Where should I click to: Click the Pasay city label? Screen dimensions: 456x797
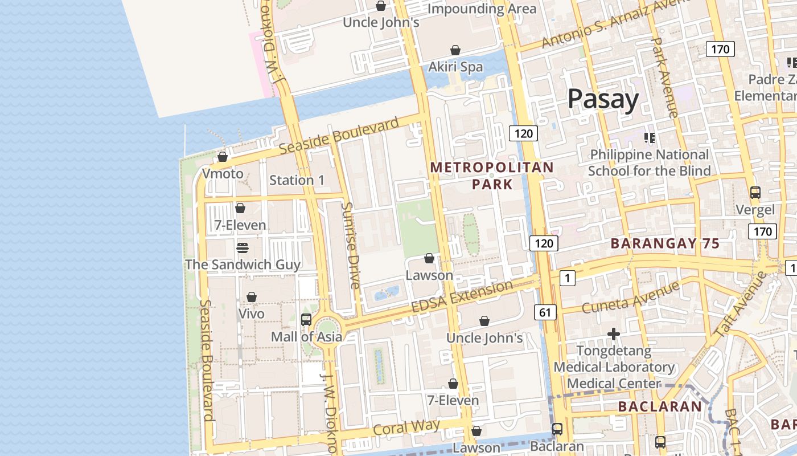coord(603,99)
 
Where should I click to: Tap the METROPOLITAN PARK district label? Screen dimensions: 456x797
coord(492,176)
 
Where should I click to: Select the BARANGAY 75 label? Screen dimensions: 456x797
coord(665,244)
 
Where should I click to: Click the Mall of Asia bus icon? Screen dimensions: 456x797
coord(306,320)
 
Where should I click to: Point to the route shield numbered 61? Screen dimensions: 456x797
coord(545,312)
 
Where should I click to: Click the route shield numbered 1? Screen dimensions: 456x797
coord(567,278)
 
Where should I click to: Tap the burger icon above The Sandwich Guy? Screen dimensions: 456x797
coord(243,248)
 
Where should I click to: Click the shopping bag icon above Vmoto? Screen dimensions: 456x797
coord(223,157)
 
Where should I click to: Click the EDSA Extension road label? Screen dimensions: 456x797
coord(462,296)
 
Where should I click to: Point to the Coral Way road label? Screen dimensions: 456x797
coord(406,427)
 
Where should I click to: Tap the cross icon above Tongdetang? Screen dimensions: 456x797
coord(613,333)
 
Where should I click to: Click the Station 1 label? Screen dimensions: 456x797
coord(297,180)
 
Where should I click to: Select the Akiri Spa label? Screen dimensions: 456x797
coord(455,67)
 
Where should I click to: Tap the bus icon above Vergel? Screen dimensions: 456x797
coord(755,193)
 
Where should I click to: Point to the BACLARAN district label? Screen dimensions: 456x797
coord(660,406)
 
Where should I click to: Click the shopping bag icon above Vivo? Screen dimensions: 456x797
coord(251,298)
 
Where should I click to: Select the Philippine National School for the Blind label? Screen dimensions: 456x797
coord(649,162)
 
